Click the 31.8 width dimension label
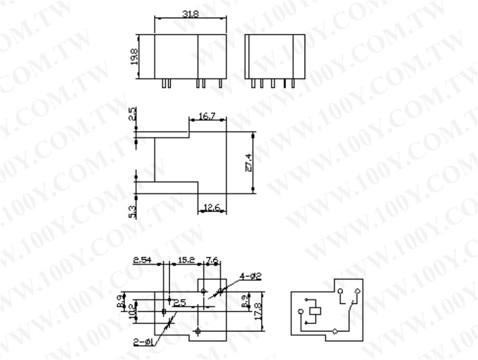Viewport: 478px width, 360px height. pyautogui.click(x=189, y=14)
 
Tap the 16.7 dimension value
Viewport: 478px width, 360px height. pyautogui.click(x=206, y=118)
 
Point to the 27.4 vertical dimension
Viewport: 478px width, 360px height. pyautogui.click(x=249, y=162)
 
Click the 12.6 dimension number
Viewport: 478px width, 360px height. pyautogui.click(x=211, y=208)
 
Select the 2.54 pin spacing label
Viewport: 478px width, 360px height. pyautogui.click(x=142, y=260)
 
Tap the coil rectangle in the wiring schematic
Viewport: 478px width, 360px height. pyautogui.click(x=316, y=312)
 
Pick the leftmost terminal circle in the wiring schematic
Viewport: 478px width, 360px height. pyautogui.click(x=300, y=313)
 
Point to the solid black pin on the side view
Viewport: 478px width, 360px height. pyautogui.click(x=284, y=84)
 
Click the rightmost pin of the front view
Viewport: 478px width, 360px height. pyautogui.click(x=221, y=84)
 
